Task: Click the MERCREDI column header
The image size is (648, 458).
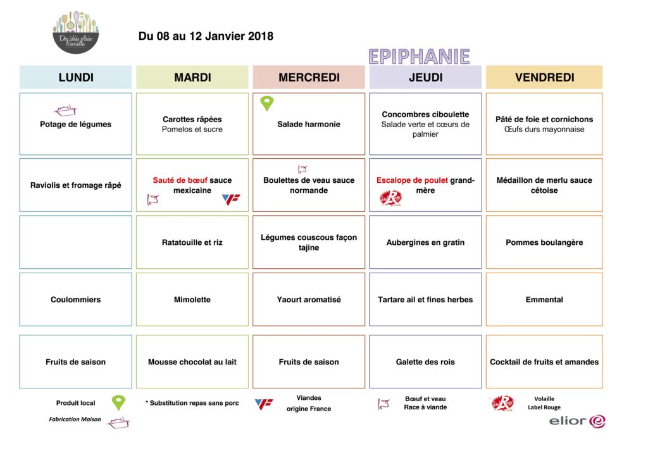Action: [309, 77]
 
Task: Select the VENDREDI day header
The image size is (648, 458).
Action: [544, 77]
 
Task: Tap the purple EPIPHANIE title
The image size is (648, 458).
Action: [419, 56]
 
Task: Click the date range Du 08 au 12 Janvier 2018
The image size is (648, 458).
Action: [206, 36]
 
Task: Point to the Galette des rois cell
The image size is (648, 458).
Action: [425, 362]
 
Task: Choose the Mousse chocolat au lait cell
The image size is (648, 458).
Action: [192, 362]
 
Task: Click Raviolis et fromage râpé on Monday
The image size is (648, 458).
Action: [75, 185]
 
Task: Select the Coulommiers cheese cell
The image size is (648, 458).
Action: [75, 299]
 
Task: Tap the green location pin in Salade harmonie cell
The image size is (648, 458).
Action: [267, 104]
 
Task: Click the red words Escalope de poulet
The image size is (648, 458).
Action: [412, 180]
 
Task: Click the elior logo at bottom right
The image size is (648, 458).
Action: [576, 421]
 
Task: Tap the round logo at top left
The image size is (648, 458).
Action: [76, 32]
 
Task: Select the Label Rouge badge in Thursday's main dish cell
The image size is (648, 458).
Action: [390, 199]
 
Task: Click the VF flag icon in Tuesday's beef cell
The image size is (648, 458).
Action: [231, 200]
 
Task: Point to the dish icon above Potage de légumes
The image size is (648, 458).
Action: [65, 111]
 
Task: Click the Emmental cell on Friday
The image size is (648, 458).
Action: [544, 299]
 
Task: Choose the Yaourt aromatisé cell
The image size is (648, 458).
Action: [309, 299]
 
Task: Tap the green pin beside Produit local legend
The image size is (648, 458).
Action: [118, 402]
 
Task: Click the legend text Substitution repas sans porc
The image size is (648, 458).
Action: [194, 403]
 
